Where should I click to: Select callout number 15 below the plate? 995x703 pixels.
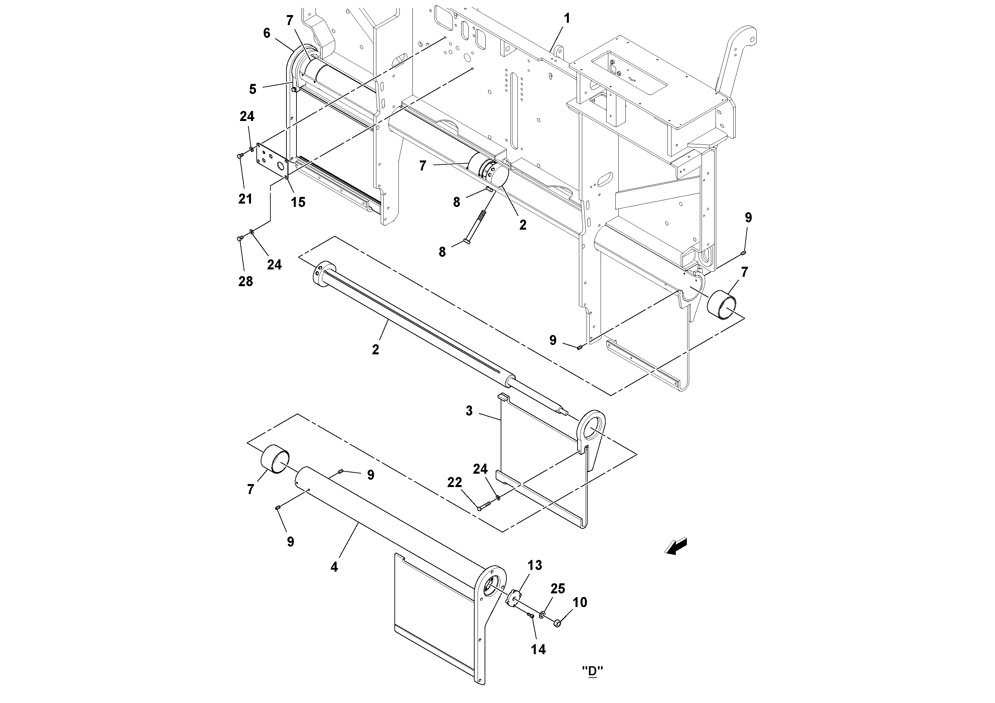point(298,202)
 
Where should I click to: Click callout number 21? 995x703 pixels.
point(245,199)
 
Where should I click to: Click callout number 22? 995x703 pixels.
point(455,482)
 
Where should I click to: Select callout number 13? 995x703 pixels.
point(535,565)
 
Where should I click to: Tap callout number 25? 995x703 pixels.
point(558,589)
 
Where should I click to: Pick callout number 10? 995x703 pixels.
point(580,602)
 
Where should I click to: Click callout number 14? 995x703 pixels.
point(539,649)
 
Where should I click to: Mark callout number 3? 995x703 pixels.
point(469,411)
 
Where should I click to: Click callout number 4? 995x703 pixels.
point(334,567)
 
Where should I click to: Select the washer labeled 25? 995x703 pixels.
point(542,615)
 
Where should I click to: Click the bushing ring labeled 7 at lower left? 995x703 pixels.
point(276,459)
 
